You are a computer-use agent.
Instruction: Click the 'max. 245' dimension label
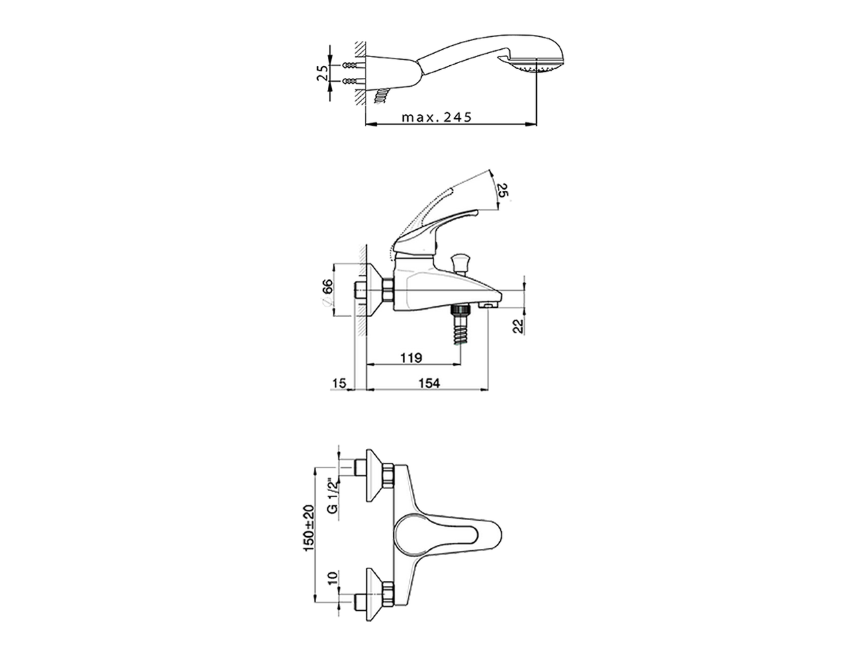click(x=437, y=117)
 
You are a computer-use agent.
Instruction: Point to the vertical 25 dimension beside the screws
click(x=322, y=73)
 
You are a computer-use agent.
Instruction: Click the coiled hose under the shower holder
click(x=383, y=95)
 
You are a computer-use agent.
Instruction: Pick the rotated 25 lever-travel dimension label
click(x=503, y=191)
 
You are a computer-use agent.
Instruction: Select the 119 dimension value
click(x=411, y=357)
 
